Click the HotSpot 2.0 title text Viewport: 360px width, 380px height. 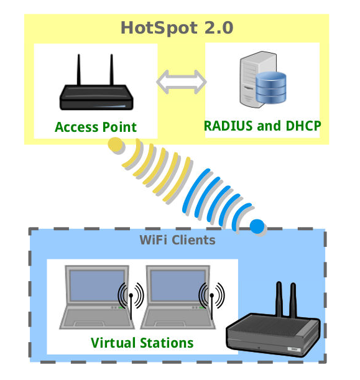177,28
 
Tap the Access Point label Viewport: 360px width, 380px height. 96,127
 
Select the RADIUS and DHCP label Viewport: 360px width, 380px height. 262,126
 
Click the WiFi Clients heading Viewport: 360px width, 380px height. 178,240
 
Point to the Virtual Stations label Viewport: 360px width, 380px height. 142,343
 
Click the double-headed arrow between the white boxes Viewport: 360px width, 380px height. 182,82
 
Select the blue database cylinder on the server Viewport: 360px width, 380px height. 271,88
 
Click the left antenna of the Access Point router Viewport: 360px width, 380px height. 79,70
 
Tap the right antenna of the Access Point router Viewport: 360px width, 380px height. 111,70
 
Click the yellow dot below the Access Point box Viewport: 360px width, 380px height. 115,144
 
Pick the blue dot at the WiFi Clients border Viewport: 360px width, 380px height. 257,226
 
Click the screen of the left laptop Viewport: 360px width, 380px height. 97,285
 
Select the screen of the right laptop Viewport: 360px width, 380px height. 178,285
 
